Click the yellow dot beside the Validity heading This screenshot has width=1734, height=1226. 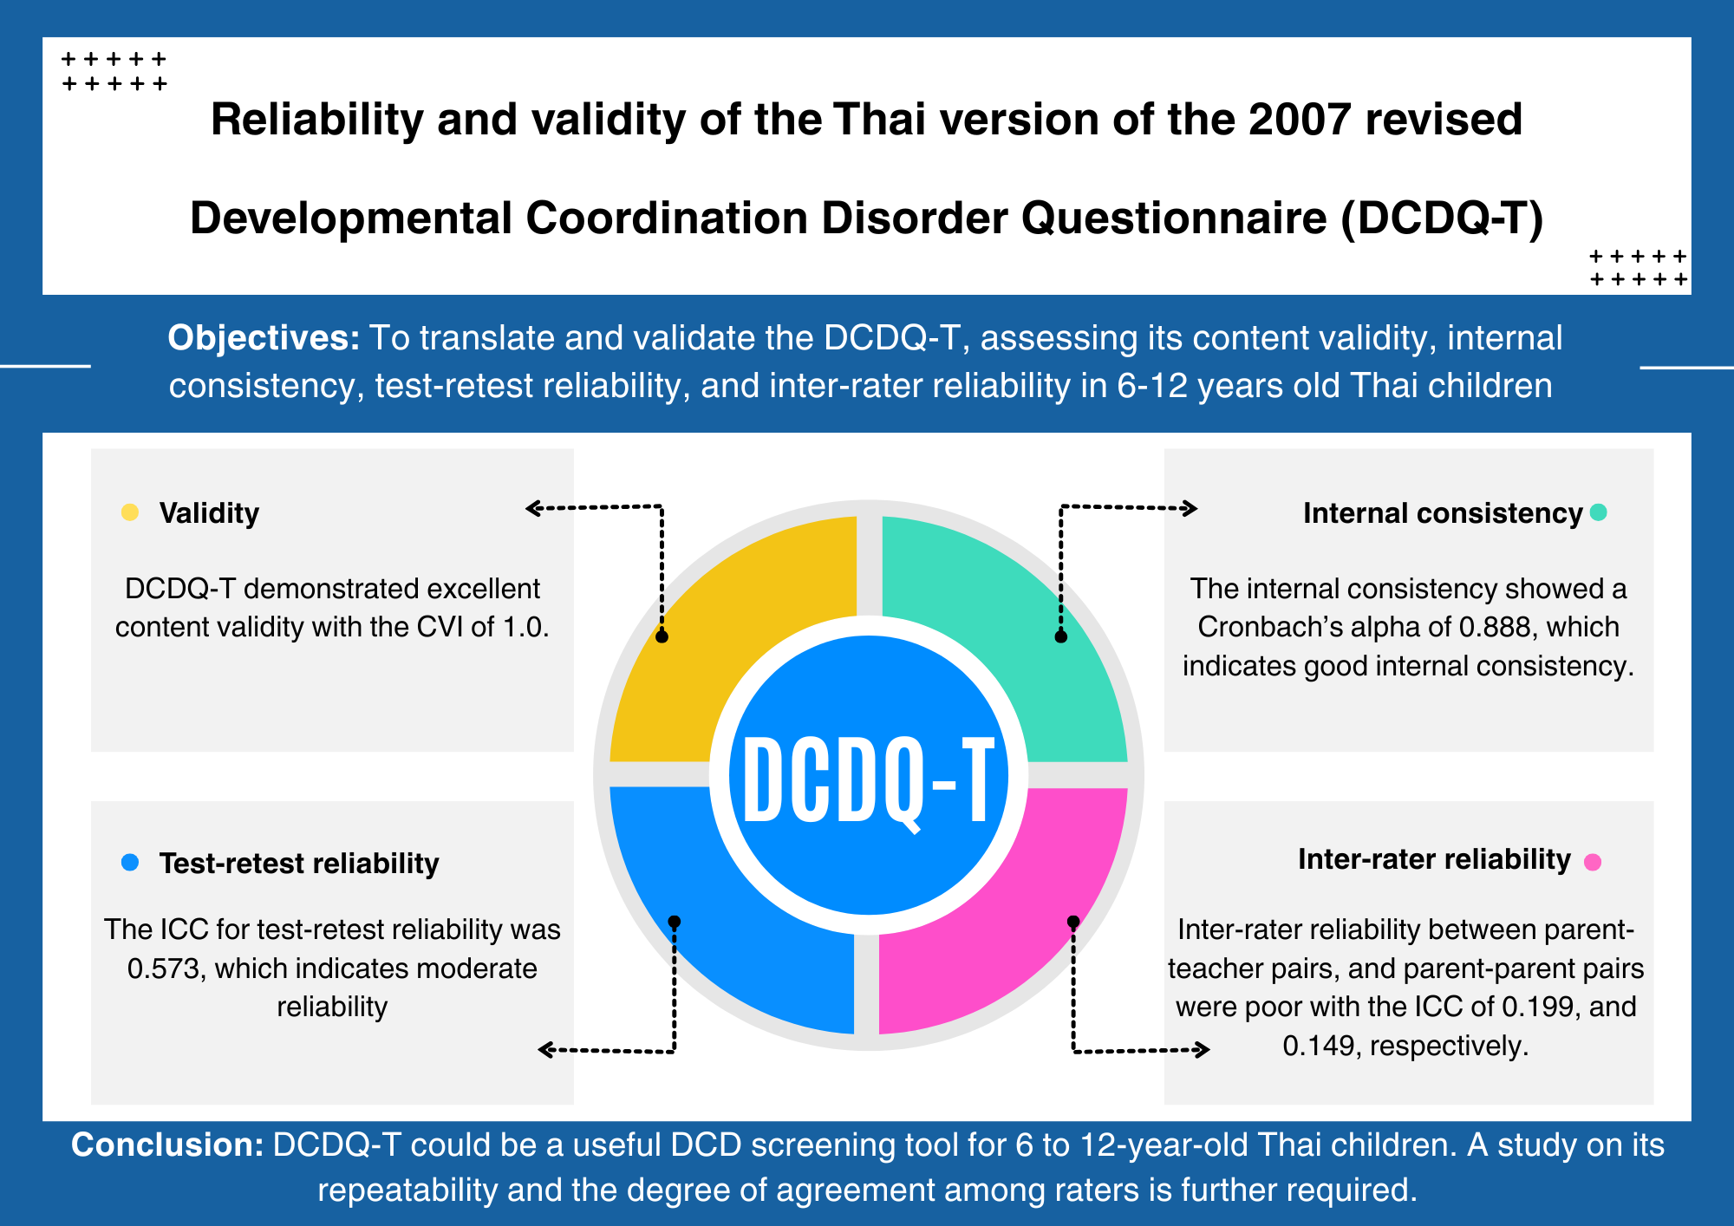130,512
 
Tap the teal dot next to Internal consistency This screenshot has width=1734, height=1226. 1599,512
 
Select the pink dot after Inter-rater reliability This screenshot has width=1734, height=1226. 1593,862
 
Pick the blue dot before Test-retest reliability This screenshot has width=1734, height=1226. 130,863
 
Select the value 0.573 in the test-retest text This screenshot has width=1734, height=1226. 166,968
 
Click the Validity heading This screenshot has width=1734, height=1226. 209,513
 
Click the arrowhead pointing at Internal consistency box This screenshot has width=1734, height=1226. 1190,508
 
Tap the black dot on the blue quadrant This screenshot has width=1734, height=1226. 675,921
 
